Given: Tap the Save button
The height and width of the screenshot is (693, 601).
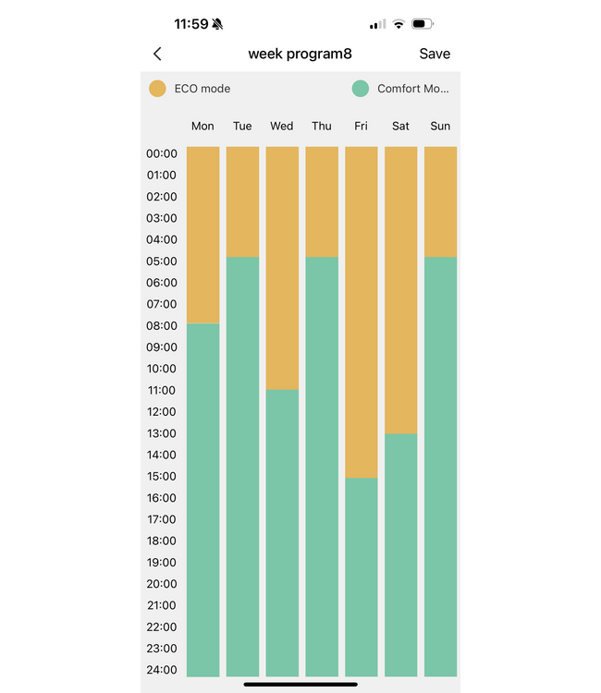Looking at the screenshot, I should click(435, 54).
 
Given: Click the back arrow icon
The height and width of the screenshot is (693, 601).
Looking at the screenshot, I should click(157, 55).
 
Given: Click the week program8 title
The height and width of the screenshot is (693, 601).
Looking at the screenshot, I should click(300, 54).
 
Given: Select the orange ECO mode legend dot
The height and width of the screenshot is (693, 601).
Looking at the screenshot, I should click(158, 89).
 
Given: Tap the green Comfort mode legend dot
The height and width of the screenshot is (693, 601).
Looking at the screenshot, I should click(361, 89).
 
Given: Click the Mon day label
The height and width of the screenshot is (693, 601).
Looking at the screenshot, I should click(202, 126).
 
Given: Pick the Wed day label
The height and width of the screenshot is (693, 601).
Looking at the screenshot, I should click(282, 126).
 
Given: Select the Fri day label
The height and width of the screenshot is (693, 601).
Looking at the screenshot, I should click(361, 126).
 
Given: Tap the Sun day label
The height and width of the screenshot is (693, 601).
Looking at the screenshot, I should click(440, 126).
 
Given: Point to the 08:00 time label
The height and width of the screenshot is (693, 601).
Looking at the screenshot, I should click(161, 325).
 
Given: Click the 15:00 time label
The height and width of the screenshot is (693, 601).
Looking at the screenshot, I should click(161, 476).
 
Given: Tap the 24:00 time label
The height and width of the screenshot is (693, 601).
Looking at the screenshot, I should click(161, 669).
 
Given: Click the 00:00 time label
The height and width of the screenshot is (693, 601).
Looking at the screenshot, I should click(161, 153).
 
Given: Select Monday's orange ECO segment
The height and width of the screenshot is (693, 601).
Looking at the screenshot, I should click(202, 235).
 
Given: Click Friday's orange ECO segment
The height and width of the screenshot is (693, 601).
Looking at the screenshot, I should click(361, 311).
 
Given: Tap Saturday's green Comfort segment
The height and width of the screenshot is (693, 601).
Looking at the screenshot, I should click(400, 554).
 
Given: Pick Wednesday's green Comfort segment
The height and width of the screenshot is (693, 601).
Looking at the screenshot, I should click(282, 532).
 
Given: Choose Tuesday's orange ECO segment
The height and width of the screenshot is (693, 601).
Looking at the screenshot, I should click(242, 201).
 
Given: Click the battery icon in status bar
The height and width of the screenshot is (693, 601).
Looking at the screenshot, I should click(423, 24).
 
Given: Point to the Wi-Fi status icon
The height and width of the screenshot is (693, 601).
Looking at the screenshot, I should click(399, 24).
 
